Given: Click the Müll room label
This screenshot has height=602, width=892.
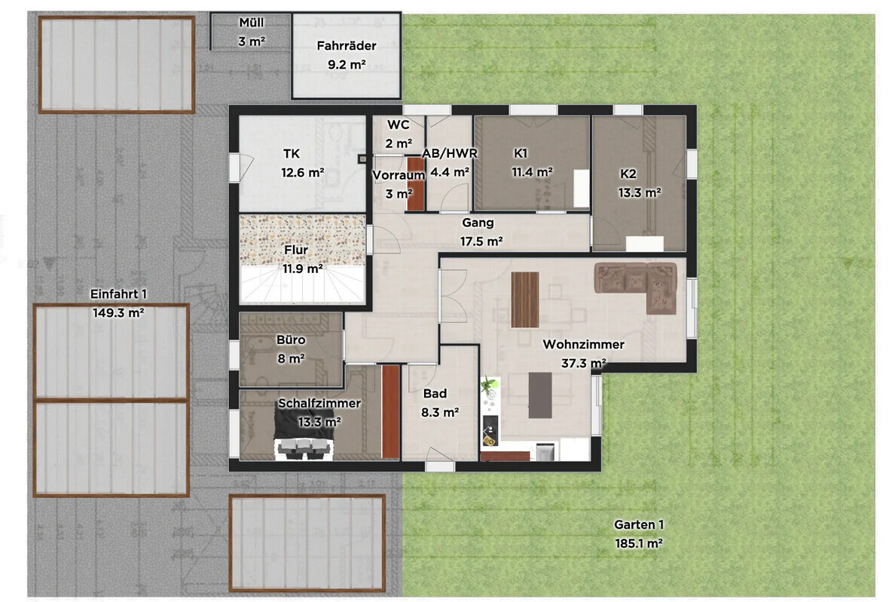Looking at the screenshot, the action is (x=251, y=23).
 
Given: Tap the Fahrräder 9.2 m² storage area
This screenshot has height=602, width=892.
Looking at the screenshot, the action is (x=346, y=56).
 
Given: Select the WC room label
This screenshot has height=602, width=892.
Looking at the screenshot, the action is (x=399, y=124).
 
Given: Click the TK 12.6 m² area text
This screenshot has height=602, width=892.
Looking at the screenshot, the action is (x=303, y=172).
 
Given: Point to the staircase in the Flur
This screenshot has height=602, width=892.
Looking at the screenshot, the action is (x=302, y=284).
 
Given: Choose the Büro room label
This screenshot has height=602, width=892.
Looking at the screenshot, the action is (x=291, y=340).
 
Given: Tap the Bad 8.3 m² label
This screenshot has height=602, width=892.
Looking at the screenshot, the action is (x=440, y=403).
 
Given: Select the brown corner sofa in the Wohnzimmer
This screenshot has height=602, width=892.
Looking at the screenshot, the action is (x=636, y=287).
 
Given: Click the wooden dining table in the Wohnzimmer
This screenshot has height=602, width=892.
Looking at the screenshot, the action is (x=524, y=299).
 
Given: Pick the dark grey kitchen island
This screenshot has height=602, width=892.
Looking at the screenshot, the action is (x=540, y=395).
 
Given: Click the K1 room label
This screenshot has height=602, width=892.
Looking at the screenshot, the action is (x=521, y=152).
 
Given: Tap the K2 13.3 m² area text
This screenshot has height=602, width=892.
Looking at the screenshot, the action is (x=640, y=193).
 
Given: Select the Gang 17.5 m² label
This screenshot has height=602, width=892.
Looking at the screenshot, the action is (x=481, y=232).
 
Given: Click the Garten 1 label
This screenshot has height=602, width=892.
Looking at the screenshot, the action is (x=639, y=524).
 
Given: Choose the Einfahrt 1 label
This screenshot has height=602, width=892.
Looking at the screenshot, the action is (x=118, y=294).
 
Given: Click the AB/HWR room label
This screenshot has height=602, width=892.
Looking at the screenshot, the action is (x=450, y=153).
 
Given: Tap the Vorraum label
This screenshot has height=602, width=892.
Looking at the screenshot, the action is (x=399, y=176).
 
